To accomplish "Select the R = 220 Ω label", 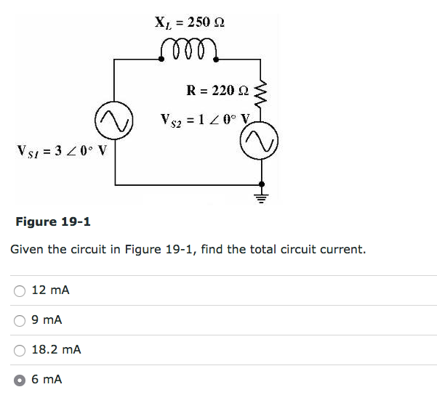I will [x=218, y=91].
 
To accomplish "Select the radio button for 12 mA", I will [x=19, y=290].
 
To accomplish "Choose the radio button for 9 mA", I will [x=19, y=320].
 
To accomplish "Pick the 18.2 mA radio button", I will [x=19, y=350].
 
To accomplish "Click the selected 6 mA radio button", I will [x=19, y=380].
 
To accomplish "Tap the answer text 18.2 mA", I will [x=56, y=350].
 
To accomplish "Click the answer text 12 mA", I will [x=50, y=290].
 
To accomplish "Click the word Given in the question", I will [x=27, y=250].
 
